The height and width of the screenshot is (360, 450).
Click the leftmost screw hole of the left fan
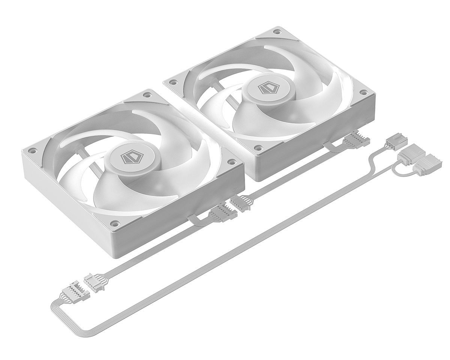(x=32, y=150)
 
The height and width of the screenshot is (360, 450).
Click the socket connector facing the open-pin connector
(x=93, y=280)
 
